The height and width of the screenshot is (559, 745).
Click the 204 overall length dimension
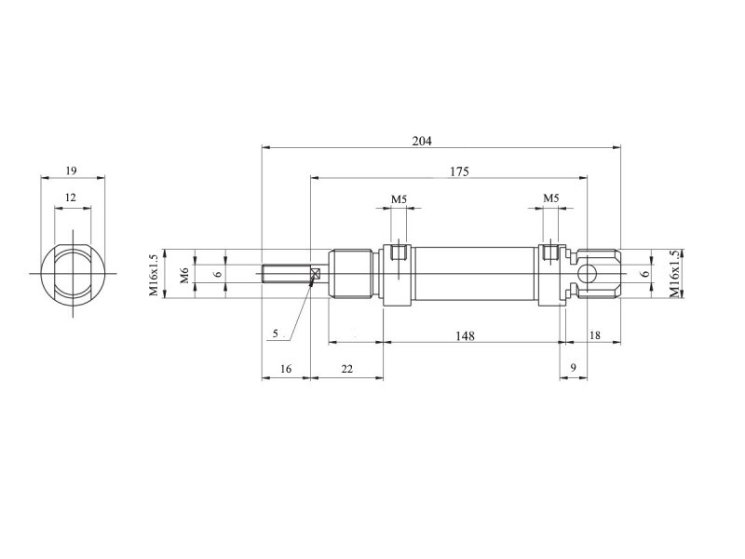point(422,141)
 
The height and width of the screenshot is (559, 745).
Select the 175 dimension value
point(459,171)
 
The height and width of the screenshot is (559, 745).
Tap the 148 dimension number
point(465,335)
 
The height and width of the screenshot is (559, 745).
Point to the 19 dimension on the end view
point(72,170)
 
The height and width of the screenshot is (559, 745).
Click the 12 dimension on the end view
point(71,197)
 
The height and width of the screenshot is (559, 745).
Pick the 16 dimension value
point(286,368)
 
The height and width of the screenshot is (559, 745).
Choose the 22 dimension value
point(347,368)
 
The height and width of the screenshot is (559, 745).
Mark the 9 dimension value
point(573,367)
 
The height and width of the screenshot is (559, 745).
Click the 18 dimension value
point(594,335)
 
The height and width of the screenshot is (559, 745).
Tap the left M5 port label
point(399,198)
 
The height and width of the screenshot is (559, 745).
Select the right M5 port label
point(550,198)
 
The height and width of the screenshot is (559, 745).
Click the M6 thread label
point(185,275)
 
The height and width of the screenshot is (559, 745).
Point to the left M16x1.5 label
point(154,274)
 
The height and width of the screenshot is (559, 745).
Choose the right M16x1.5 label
point(674,274)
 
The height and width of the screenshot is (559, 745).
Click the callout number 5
point(276,334)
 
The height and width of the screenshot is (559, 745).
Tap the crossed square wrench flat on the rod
point(315,274)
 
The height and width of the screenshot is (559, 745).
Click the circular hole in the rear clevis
point(587,274)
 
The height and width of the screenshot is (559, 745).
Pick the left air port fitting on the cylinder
point(399,252)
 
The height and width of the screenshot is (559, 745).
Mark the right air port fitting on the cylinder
point(550,252)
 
